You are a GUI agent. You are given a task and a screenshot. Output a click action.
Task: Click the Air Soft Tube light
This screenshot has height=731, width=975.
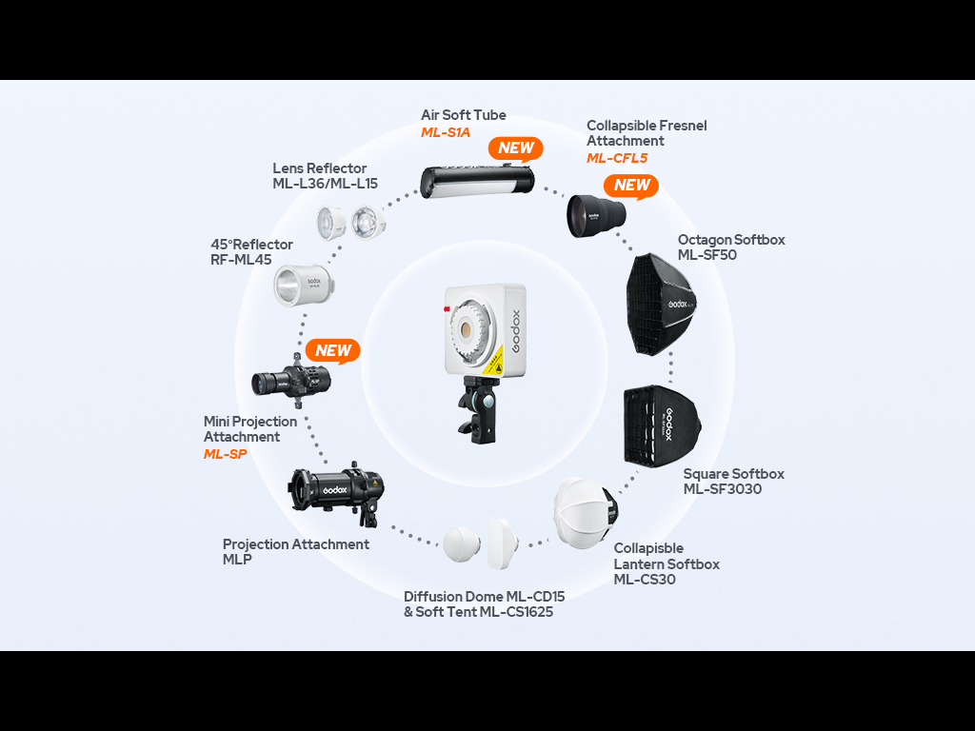(x=477, y=181)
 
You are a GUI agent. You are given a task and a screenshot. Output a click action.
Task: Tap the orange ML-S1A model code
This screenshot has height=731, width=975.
(x=446, y=132)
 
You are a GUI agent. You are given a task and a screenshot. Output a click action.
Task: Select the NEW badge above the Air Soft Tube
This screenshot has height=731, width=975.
(x=515, y=149)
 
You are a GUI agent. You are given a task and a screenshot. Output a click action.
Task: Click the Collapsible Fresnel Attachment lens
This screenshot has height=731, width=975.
(x=596, y=215)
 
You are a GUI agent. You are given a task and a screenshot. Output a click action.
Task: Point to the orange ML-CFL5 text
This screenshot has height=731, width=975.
(x=617, y=158)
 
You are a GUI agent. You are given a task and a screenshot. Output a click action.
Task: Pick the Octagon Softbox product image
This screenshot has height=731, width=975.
(x=661, y=304)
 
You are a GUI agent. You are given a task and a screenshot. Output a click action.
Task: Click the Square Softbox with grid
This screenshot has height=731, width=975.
(x=663, y=426)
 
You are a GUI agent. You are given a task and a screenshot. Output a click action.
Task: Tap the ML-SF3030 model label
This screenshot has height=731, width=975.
(x=722, y=489)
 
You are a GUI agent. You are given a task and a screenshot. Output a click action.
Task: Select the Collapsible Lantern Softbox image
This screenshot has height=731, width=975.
(x=587, y=513)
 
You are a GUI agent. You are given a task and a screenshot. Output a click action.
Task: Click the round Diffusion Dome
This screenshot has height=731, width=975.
(x=462, y=544)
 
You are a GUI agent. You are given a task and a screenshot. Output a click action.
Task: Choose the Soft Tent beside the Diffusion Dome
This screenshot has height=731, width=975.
(x=502, y=543)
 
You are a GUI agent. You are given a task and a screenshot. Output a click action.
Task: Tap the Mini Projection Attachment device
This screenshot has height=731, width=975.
(x=290, y=381)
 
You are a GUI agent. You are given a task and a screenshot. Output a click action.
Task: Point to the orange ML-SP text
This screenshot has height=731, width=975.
(x=225, y=454)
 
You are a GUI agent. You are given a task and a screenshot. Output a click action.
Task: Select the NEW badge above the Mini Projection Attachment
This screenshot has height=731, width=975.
(x=332, y=351)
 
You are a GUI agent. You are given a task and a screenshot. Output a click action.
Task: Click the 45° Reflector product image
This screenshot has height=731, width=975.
(x=304, y=286)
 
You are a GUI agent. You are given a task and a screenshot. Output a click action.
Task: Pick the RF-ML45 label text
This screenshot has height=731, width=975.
(x=241, y=260)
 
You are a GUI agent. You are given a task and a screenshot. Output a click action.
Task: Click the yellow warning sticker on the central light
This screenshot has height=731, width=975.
(x=492, y=362)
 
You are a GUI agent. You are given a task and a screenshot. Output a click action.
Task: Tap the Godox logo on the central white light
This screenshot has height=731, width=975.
(x=516, y=331)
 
